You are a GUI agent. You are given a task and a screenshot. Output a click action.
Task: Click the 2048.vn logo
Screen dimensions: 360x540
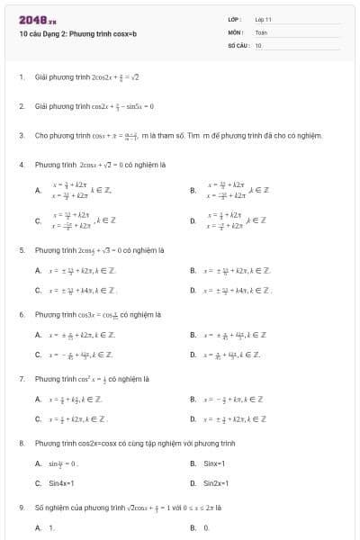(32, 19)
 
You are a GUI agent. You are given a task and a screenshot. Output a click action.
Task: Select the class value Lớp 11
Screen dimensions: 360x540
(263, 19)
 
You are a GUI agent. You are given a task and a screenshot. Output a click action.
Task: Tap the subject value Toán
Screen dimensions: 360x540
(261, 31)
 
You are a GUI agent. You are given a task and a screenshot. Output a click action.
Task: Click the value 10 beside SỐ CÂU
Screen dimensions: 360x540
(258, 44)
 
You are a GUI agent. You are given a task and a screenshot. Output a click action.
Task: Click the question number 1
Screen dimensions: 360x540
(21, 77)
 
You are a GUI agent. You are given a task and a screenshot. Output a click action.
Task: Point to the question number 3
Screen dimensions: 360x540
(21, 136)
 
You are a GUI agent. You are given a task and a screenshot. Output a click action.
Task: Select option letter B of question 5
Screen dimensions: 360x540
(193, 270)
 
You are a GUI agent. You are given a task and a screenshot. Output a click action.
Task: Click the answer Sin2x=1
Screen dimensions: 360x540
(214, 483)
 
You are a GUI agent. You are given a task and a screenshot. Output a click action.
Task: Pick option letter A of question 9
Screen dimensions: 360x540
(38, 527)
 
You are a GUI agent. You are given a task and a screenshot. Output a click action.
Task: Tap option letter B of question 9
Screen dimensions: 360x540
(193, 527)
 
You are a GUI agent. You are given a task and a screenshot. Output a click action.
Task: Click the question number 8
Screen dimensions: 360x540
(21, 444)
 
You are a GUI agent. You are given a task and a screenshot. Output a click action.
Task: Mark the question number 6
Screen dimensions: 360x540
(21, 314)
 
